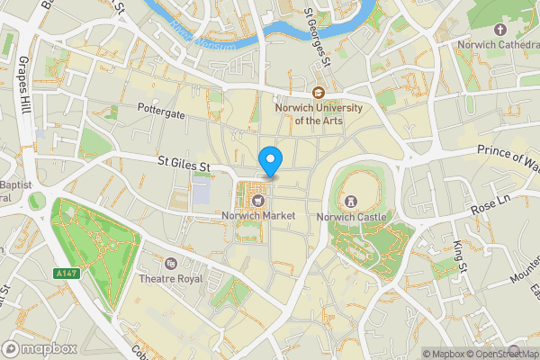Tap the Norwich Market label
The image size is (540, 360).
pos(259,216)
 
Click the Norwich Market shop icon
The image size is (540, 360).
pos(259,200)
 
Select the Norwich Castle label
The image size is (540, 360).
pos(351,217)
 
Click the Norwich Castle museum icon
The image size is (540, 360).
pos(351,200)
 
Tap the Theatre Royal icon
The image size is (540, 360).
pos(171,263)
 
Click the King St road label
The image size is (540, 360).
pos(461,256)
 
